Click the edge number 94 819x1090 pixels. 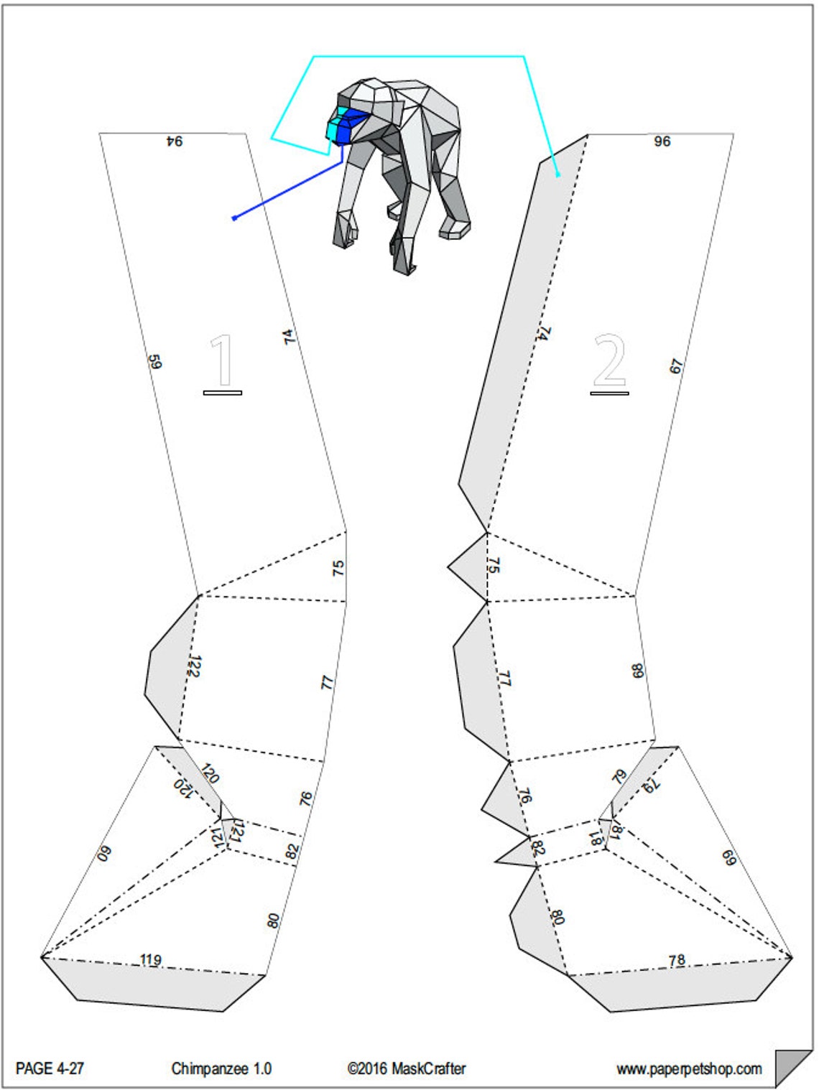tap(175, 141)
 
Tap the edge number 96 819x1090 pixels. tap(662, 141)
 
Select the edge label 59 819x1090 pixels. tap(155, 361)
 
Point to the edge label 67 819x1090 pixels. tap(677, 366)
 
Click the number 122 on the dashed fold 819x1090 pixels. tap(193, 666)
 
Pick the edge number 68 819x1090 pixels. tap(638, 671)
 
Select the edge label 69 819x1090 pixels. tap(728, 858)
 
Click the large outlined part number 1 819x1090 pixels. tap(222, 361)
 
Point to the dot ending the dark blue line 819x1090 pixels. tap(234, 218)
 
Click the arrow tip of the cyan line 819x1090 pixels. tap(558, 174)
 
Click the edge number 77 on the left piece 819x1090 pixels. tap(328, 683)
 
